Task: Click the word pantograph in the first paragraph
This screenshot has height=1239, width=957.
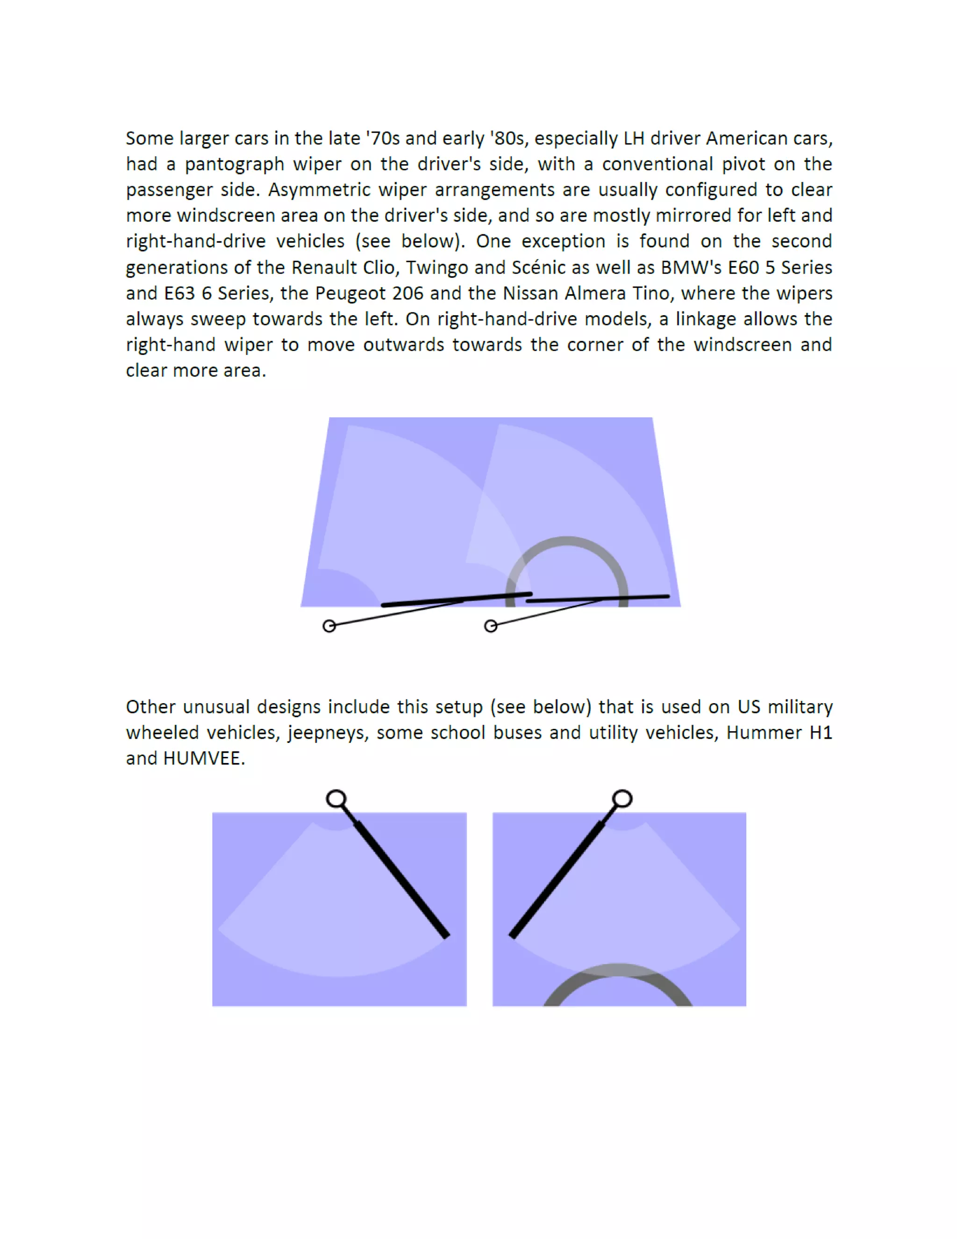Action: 235,165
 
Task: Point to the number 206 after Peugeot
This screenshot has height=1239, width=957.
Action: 407,293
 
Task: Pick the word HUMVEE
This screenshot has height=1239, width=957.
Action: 202,758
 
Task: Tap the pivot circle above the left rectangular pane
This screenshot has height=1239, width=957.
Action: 336,799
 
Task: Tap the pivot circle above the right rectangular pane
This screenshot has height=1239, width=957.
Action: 622,799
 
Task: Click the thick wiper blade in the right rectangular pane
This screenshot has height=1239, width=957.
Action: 556,879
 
